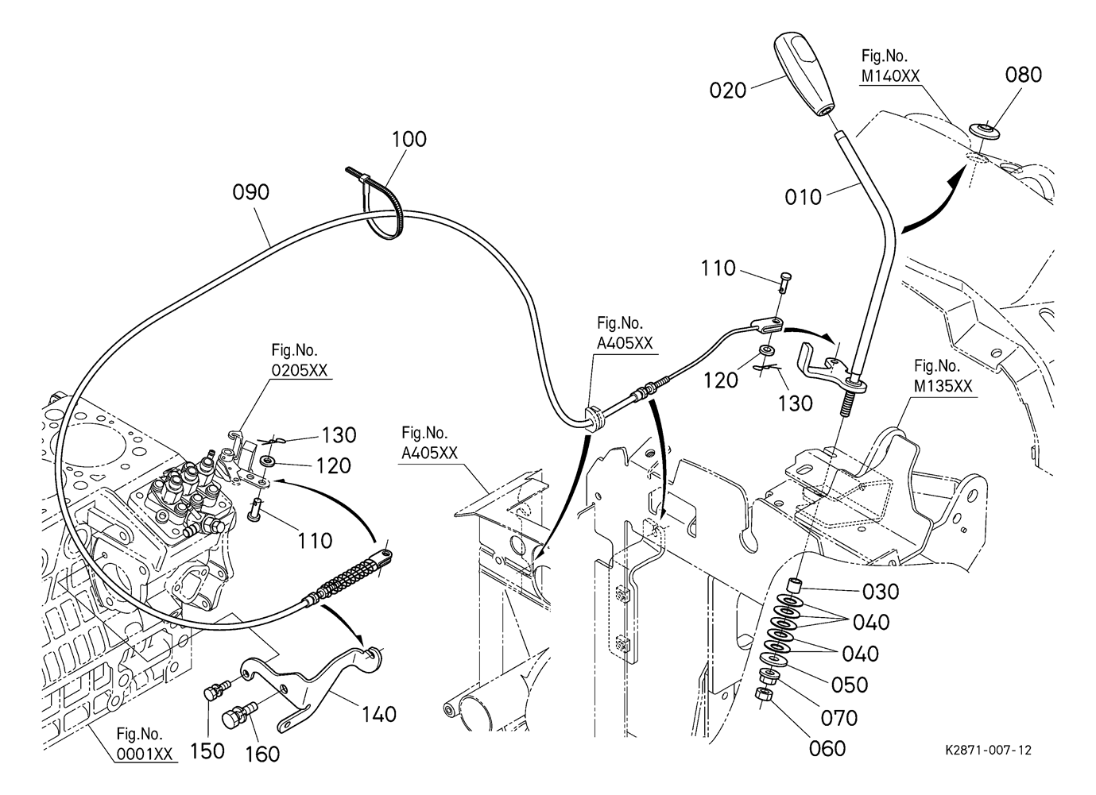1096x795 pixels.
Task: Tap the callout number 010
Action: tap(803, 196)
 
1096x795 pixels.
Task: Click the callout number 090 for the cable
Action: tap(251, 192)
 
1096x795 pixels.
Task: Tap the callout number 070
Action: tap(839, 717)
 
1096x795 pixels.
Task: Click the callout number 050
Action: tap(849, 685)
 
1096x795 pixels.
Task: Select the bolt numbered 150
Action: tap(215, 693)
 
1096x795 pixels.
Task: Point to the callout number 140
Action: tap(378, 715)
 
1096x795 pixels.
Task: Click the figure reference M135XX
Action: tap(943, 386)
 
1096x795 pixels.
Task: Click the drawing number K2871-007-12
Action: tap(989, 751)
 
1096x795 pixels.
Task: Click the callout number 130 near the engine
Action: tap(339, 435)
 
